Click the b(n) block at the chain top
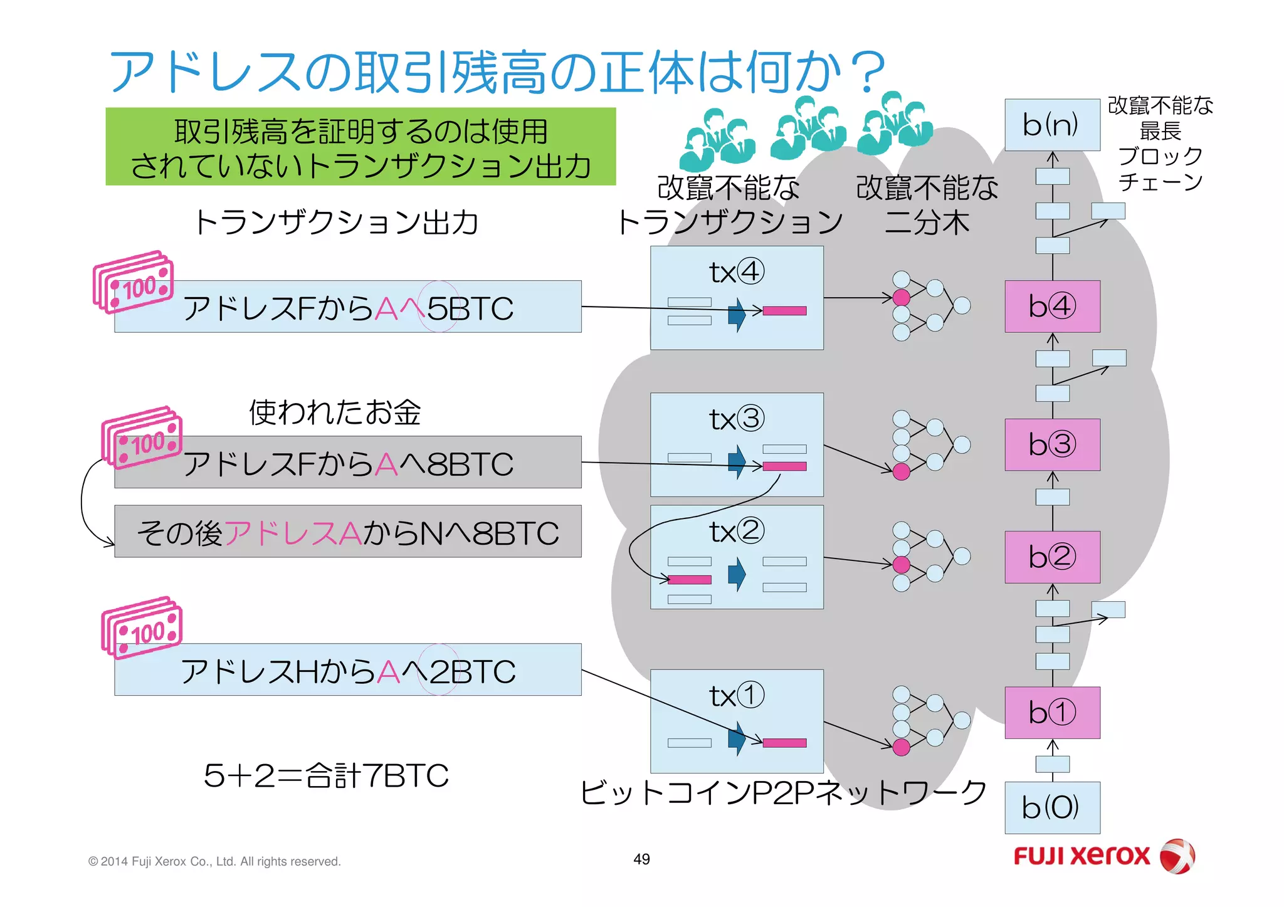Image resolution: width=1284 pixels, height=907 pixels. tap(1052, 125)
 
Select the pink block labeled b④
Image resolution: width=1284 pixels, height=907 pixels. tap(1052, 306)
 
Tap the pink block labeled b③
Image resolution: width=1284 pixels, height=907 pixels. tap(1052, 444)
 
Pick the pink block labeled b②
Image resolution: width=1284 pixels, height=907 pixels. tap(1052, 557)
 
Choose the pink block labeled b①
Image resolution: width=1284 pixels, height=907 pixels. tap(1052, 712)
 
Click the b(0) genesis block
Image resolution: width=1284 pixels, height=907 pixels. tap(1052, 807)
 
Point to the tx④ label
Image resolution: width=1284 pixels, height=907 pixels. tap(737, 272)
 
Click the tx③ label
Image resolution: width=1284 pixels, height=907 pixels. tap(737, 419)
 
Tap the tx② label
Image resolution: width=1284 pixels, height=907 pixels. tap(737, 532)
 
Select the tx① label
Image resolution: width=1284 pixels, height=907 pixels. tap(737, 695)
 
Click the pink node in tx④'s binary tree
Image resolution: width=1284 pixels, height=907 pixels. tap(901, 297)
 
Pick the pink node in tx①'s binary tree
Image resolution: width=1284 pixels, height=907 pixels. tap(901, 747)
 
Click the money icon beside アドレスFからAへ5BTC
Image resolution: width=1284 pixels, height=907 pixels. tap(133, 281)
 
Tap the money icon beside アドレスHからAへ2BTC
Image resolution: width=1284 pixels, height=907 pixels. tap(142, 627)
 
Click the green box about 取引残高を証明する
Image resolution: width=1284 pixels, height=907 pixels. tap(360, 147)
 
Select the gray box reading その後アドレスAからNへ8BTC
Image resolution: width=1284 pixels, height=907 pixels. tap(348, 532)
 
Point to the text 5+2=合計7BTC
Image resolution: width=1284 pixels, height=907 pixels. tap(326, 775)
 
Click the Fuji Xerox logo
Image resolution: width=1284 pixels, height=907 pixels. tap(1103, 856)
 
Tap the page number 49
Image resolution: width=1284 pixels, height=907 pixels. tap(641, 859)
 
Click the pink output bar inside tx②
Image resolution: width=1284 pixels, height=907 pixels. tap(690, 580)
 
